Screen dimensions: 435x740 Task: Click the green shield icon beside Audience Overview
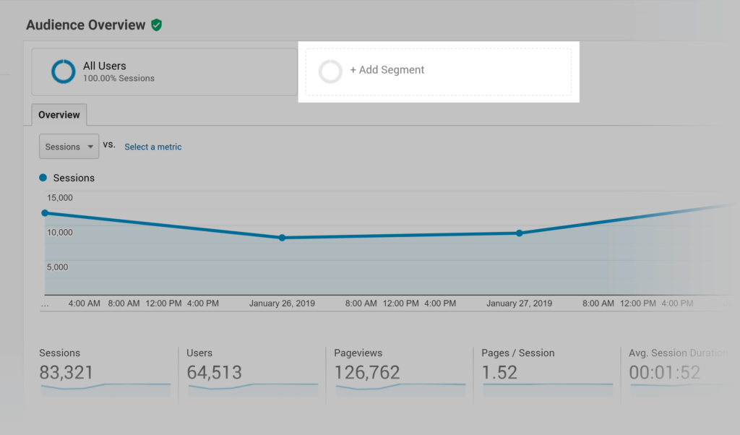[157, 25]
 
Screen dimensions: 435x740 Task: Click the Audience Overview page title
[85, 25]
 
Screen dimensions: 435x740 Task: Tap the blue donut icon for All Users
[64, 71]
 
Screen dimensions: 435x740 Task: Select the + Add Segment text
[387, 70]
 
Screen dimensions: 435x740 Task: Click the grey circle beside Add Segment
[330, 71]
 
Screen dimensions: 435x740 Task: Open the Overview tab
[59, 115]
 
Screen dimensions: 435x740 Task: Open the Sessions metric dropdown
[69, 147]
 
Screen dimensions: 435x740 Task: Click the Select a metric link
[152, 147]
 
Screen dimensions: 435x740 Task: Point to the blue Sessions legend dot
[43, 178]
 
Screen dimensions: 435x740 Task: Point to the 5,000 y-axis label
[57, 267]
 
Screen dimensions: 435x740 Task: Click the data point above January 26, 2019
[282, 238]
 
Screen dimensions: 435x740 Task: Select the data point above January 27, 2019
[519, 233]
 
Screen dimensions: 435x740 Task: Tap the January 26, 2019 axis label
[282, 303]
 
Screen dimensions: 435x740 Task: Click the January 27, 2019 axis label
[519, 303]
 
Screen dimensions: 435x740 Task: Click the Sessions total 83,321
[66, 373]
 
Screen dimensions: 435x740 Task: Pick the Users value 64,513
[214, 373]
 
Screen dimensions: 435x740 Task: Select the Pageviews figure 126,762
[367, 373]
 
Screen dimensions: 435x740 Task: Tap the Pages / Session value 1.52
[500, 373]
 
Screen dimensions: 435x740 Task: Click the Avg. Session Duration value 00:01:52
[665, 373]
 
